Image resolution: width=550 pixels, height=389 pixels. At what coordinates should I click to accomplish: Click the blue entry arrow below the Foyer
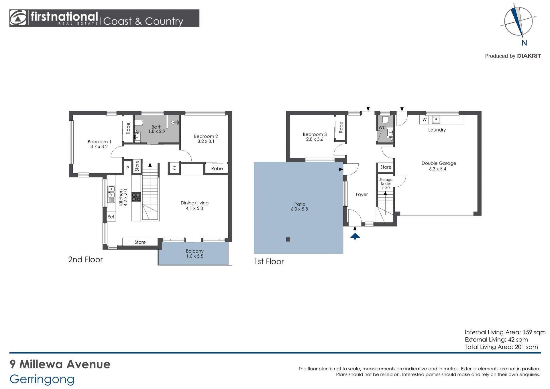pos(355,236)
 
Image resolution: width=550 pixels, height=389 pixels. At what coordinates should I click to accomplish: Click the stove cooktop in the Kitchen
pos(136,197)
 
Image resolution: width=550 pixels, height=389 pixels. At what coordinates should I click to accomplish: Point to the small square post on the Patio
pos(288,239)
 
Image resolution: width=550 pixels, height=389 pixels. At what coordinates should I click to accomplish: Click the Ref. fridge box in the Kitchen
pos(111,217)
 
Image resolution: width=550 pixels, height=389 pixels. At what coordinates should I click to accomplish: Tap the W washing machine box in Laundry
pos(424,120)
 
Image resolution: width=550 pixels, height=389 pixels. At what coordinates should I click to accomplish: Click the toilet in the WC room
pos(385,119)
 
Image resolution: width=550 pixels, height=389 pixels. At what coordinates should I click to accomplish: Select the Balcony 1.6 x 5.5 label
pos(195,253)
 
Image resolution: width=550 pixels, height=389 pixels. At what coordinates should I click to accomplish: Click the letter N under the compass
pos(524,43)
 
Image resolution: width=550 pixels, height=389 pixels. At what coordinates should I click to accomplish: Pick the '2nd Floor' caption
pos(85,259)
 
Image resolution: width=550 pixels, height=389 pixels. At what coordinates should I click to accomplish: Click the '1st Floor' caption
pos(269,261)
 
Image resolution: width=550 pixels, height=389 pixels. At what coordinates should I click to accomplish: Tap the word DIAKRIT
pos(529,56)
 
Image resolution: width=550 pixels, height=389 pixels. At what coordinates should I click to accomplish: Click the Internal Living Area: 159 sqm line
pos(505,332)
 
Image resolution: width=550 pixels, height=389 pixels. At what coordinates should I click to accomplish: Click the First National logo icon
pos(18,18)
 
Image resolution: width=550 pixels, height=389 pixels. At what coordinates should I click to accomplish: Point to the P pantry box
pos(128,168)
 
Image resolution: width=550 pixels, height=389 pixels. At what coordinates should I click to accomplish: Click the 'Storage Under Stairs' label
pos(386,183)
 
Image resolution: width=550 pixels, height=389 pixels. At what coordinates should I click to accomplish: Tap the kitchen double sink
pos(111,192)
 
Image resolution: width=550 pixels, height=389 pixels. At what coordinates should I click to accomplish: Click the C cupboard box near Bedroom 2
pos(174,168)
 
